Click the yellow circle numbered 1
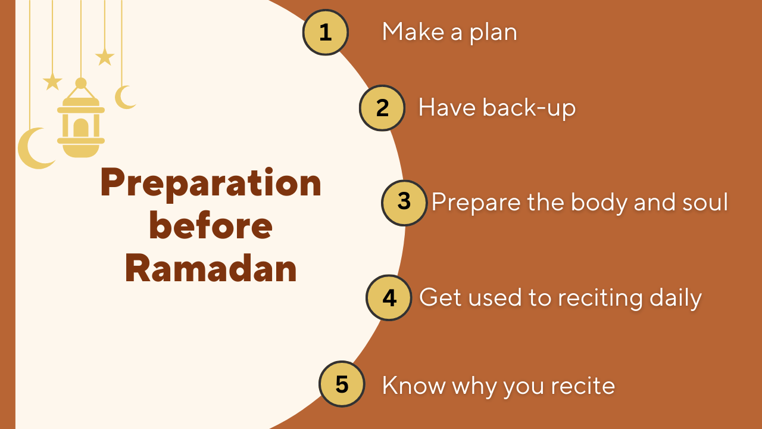click(325, 33)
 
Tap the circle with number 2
click(382, 108)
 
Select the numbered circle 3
click(404, 202)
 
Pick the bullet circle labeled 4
click(389, 297)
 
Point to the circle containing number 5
click(342, 385)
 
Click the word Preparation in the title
click(211, 184)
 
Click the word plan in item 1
click(493, 33)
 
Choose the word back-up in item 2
click(529, 108)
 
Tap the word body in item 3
click(598, 203)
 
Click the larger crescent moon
click(33, 149)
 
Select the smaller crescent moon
click(124, 97)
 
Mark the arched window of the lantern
click(80, 127)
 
